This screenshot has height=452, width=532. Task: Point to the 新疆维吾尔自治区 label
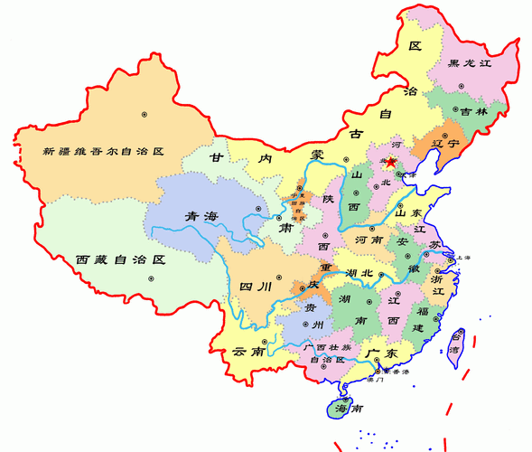point(103,152)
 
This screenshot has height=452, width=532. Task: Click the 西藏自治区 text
point(122,259)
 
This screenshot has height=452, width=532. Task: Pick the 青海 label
point(201,216)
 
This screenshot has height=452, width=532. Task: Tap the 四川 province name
point(255,287)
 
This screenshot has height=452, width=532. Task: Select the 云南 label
point(247,351)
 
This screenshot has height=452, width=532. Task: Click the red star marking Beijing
point(391,164)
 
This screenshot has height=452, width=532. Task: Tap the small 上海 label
point(466,258)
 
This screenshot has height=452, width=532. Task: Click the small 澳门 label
point(375,380)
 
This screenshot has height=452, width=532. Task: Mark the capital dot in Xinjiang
point(144,114)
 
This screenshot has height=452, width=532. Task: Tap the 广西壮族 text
point(328,347)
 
